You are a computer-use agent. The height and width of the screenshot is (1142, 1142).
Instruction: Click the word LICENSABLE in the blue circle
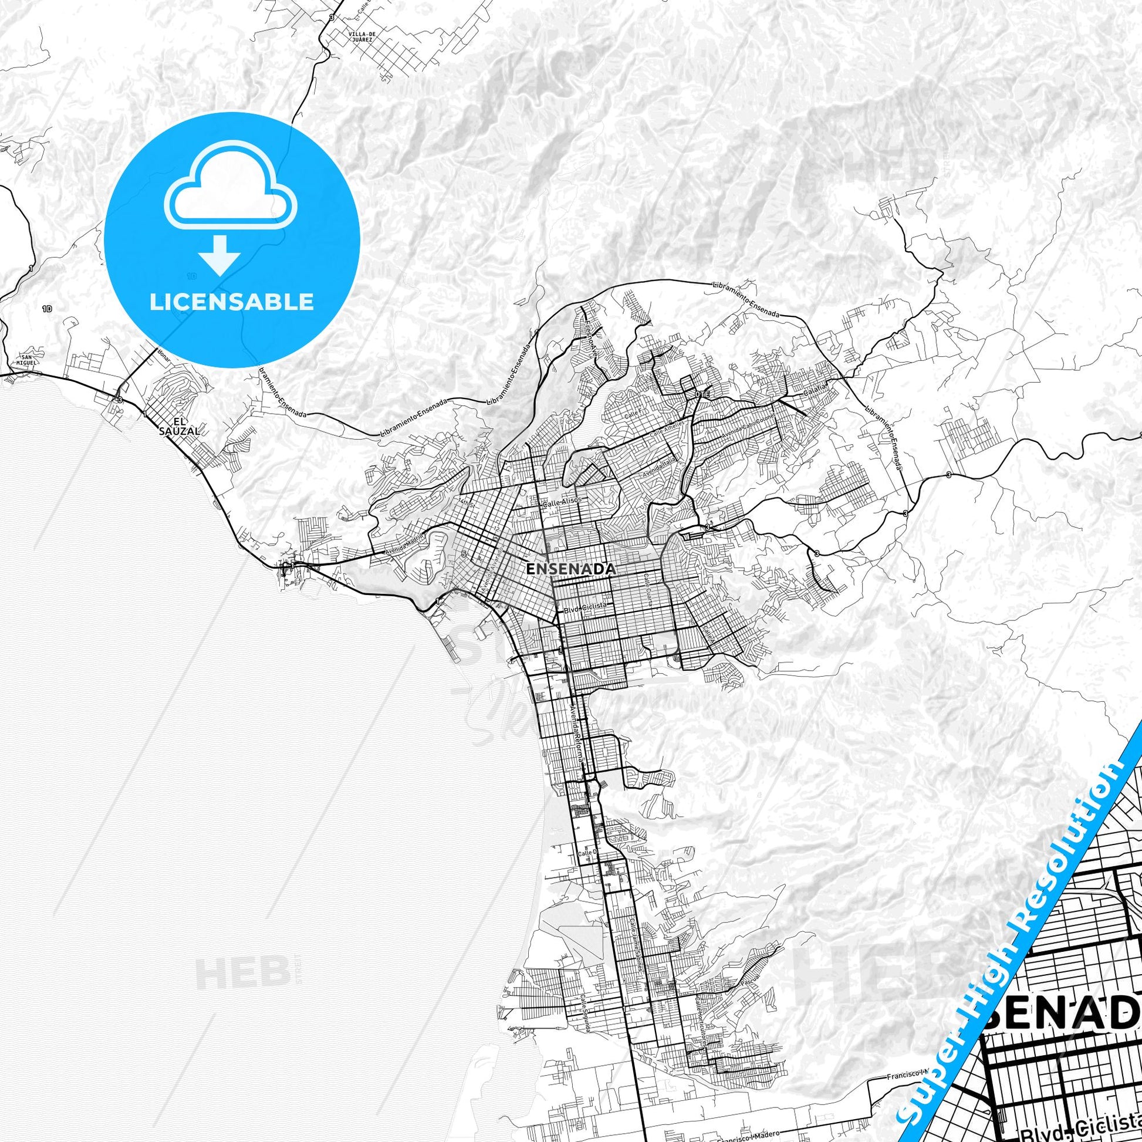[x=231, y=302]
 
